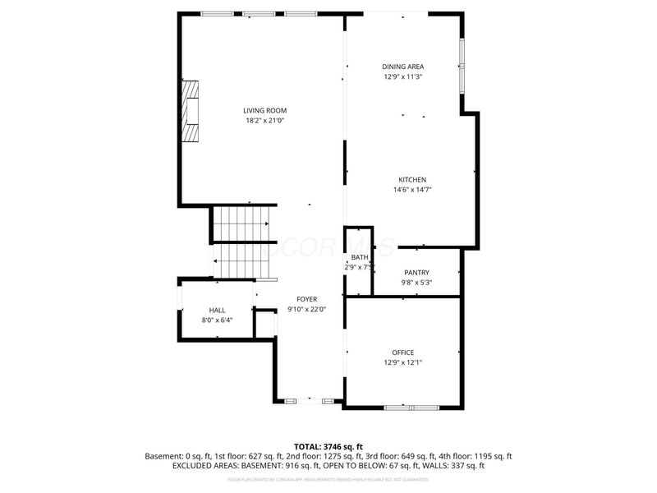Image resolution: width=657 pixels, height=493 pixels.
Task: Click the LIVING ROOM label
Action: [264, 110]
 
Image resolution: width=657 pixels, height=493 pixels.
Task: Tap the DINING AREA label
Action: [402, 67]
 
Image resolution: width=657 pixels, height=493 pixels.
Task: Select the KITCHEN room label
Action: [412, 179]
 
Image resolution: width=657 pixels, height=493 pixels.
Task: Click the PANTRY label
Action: [416, 273]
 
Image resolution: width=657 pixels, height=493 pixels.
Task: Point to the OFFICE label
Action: [402, 352]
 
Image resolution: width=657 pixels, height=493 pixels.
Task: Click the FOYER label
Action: [306, 299]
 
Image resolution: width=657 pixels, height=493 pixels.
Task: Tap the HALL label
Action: [217, 310]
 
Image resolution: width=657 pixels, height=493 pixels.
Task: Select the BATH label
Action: [360, 257]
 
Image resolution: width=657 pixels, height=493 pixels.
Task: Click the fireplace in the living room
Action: [191, 111]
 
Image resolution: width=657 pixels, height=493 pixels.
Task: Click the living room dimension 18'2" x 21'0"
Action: [264, 121]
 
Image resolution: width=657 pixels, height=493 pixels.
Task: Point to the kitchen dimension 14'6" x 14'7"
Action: [412, 190]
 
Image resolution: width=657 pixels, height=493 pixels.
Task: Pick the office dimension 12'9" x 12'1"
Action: [402, 362]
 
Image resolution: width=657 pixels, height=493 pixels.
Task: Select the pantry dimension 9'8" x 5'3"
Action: [416, 283]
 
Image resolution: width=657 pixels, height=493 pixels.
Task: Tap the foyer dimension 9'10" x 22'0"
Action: [306, 310]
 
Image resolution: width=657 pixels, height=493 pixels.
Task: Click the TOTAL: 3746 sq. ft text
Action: [328, 446]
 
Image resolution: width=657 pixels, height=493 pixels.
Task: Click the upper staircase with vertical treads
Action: [241, 223]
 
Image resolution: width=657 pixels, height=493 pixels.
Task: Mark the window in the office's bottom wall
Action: [411, 407]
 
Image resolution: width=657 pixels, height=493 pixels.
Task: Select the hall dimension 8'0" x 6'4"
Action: [217, 320]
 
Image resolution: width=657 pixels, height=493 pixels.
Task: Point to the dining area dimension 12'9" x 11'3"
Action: [402, 77]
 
